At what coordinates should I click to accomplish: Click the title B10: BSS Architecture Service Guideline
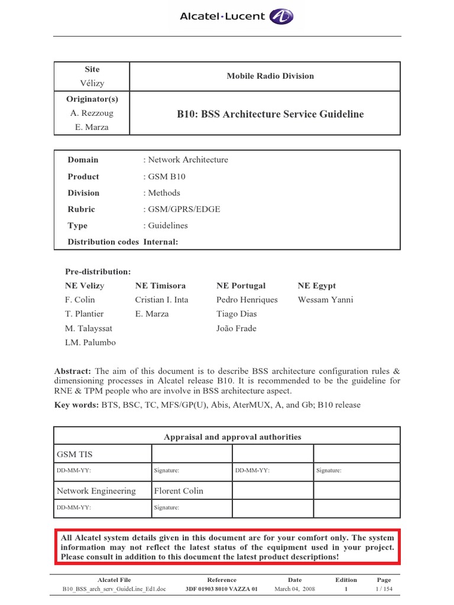click(x=270, y=114)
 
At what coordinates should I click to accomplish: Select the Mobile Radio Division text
click(x=270, y=76)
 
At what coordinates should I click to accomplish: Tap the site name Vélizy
click(x=92, y=83)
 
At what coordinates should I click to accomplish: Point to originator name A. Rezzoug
click(x=92, y=113)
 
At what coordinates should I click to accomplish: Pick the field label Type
click(x=77, y=226)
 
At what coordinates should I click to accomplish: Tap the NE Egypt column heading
click(x=316, y=286)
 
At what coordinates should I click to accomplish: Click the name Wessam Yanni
click(x=325, y=300)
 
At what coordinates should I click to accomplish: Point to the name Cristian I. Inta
click(x=161, y=300)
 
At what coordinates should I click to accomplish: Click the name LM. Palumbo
click(x=90, y=343)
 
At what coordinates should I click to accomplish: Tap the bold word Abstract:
click(x=73, y=372)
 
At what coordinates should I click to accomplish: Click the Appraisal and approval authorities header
click(x=232, y=437)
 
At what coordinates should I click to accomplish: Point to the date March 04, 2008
click(x=295, y=589)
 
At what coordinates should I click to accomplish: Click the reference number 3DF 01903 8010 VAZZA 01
click(x=222, y=589)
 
